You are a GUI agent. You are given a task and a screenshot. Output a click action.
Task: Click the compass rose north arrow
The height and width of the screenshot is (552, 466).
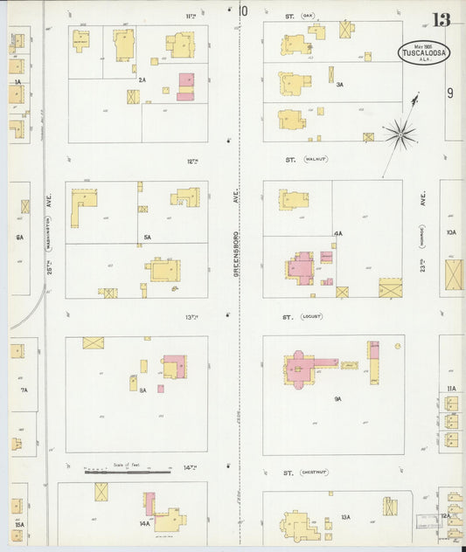click(400, 133)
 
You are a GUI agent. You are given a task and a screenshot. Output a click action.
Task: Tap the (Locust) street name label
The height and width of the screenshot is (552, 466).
click(312, 316)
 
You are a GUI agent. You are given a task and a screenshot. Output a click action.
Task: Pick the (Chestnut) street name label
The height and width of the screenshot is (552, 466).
click(313, 473)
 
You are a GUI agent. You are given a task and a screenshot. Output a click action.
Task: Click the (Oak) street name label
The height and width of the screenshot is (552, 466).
click(307, 16)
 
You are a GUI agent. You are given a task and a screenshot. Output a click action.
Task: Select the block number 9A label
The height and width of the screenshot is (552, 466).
click(337, 398)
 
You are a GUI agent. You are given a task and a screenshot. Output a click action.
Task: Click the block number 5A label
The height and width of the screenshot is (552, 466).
click(148, 238)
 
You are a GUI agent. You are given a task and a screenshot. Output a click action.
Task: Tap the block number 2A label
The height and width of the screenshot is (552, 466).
click(142, 79)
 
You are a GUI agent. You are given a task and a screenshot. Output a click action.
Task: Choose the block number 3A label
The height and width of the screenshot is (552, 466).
click(339, 85)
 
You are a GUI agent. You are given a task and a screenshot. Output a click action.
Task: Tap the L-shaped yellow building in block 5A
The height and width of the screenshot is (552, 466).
click(82, 206)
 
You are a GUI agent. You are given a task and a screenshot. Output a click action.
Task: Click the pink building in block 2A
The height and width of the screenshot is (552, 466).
click(185, 86)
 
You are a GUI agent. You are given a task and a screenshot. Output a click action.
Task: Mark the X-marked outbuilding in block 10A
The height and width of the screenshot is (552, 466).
click(454, 275)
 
